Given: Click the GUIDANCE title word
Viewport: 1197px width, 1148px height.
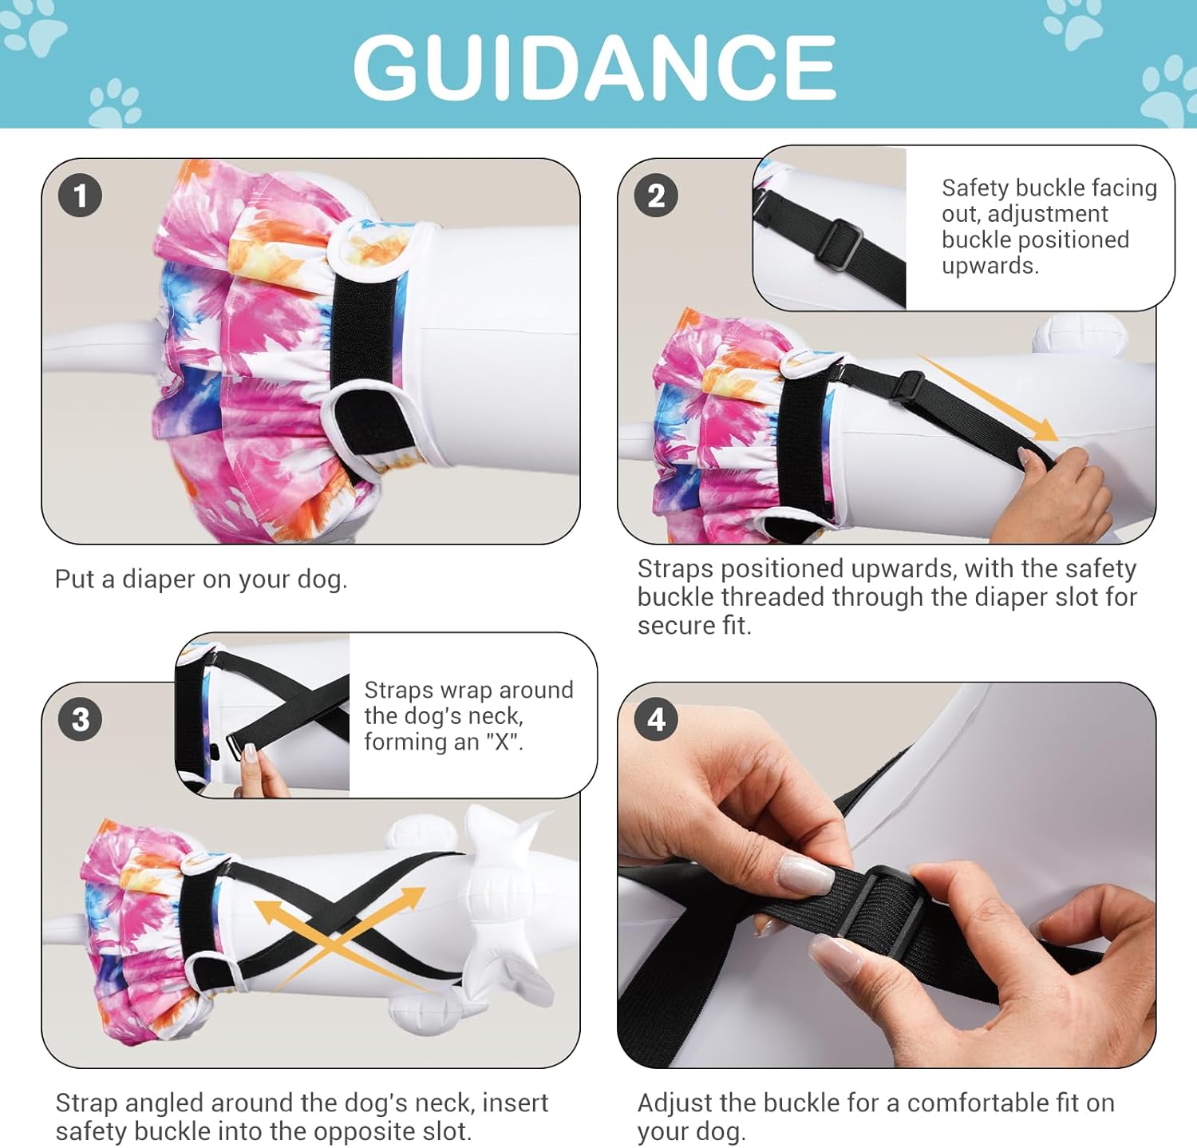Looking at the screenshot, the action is point(595,68).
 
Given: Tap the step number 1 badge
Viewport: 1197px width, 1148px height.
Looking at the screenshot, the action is point(80,196).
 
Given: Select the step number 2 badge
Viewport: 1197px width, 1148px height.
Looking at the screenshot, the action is point(656,196).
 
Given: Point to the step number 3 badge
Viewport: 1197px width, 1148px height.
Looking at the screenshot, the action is point(80,719).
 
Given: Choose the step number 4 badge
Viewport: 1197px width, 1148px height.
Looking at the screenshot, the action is point(656,719).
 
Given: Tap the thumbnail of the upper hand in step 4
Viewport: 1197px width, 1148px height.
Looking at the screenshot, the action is point(806,874).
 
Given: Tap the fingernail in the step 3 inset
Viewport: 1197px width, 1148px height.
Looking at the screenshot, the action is point(250,753).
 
